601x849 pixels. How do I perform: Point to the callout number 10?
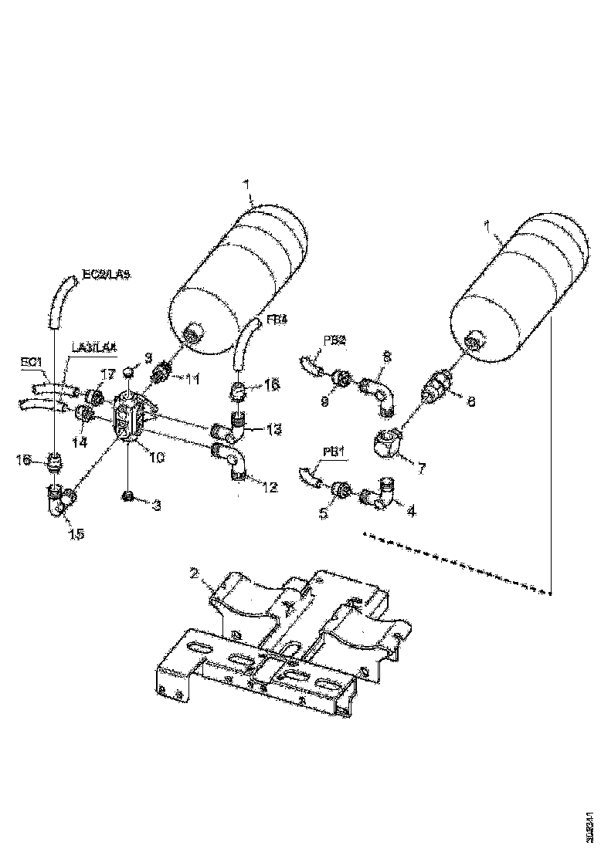(x=157, y=458)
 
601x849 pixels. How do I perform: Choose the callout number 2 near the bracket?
(x=195, y=573)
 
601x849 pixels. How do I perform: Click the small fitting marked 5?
(x=340, y=489)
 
